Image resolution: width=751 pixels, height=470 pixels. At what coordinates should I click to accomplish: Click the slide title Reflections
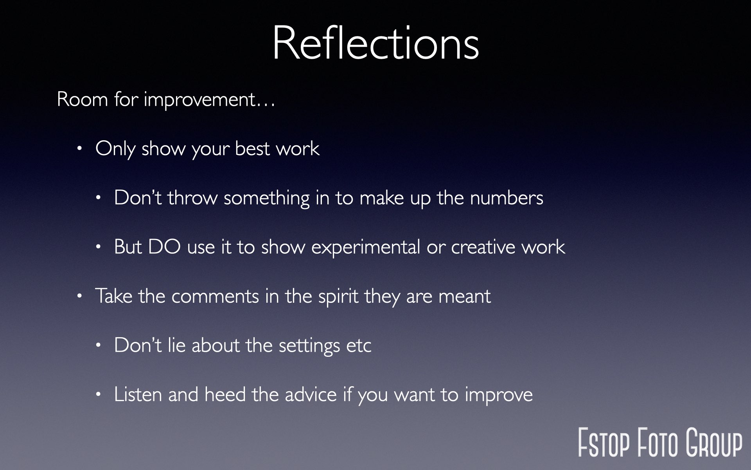375,42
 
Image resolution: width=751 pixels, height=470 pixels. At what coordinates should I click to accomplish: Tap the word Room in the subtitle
82,99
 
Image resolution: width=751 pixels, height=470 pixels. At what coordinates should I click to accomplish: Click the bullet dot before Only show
80,148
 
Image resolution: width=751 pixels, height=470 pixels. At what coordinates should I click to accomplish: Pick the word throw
192,198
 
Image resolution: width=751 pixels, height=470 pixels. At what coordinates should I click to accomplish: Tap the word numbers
507,198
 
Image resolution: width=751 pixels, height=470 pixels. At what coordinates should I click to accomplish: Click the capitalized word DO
164,247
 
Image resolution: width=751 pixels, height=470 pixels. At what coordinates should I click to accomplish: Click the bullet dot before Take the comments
80,296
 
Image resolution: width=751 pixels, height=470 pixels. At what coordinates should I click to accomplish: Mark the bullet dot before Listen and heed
99,394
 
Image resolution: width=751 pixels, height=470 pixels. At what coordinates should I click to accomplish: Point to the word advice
311,394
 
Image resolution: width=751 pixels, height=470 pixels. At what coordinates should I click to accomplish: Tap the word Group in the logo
714,443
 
